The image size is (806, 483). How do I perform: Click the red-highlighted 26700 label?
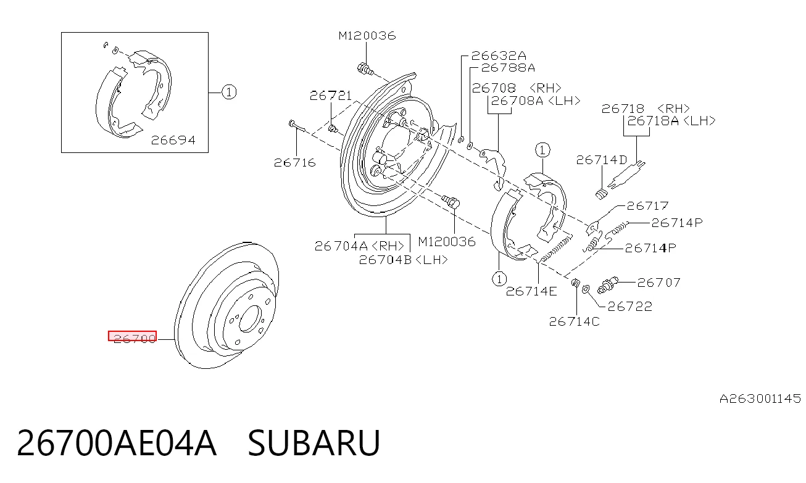click(133, 336)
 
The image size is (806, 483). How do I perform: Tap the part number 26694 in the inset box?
click(173, 140)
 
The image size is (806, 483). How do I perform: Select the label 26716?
click(295, 163)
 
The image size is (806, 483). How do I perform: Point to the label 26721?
click(330, 96)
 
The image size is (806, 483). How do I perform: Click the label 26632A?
click(499, 56)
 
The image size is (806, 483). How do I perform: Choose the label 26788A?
click(508, 68)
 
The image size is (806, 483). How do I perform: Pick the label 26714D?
click(602, 160)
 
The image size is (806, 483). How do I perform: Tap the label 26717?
click(647, 205)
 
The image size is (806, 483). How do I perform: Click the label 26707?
click(659, 283)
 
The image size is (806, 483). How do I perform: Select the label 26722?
click(629, 307)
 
